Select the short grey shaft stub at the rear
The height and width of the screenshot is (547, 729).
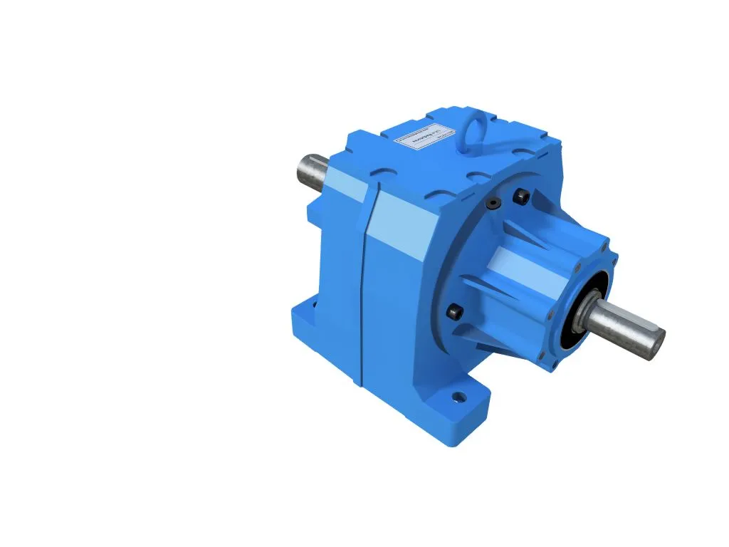pos(311,171)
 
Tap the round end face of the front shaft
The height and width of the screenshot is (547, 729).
pos(656,344)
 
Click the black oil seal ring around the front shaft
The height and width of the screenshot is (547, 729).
pos(575,325)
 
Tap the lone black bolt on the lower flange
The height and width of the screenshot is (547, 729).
pos(453,311)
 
